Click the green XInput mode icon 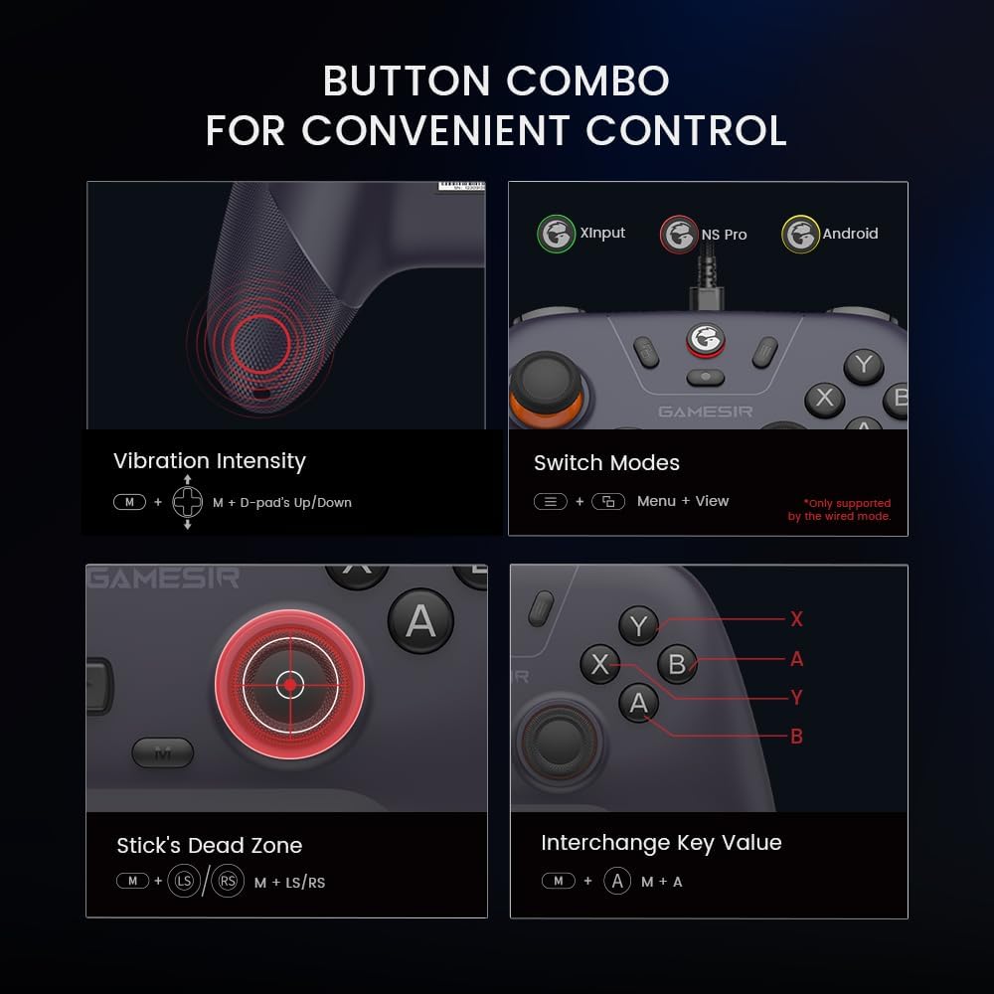click(557, 235)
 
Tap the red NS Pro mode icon click(679, 236)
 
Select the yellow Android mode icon click(800, 235)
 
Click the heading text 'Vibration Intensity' click(209, 461)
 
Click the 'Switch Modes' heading click(606, 463)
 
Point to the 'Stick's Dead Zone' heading click(209, 846)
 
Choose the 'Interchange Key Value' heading click(661, 843)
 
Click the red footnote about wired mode click(840, 510)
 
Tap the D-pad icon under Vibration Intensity click(187, 502)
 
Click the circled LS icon click(183, 882)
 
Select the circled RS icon click(228, 882)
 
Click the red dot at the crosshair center click(289, 685)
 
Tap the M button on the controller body click(163, 753)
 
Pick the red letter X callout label click(796, 619)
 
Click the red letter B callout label click(796, 737)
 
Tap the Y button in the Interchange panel click(638, 626)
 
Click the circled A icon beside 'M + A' click(617, 881)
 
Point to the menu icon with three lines click(551, 502)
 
